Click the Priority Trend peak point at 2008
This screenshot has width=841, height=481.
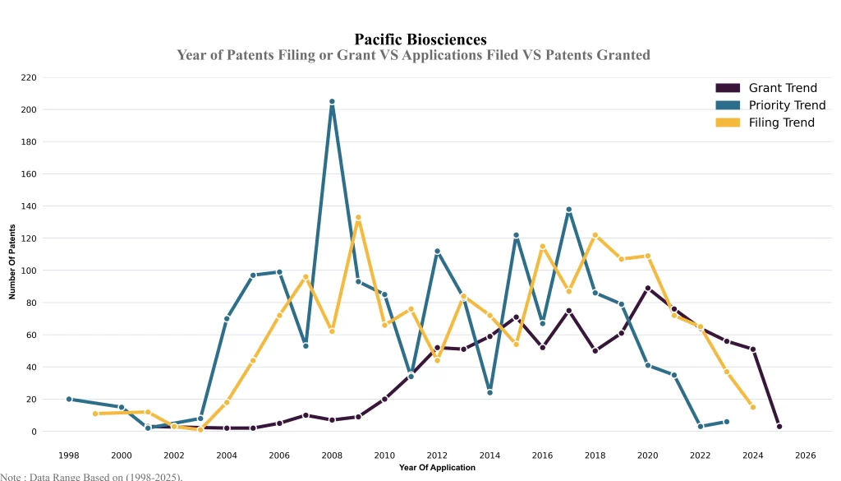coord(332,102)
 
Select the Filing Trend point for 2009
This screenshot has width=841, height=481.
coord(358,218)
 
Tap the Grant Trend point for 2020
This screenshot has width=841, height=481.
coord(648,289)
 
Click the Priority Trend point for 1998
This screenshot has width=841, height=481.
coord(69,400)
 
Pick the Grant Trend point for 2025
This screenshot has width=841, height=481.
coord(779,427)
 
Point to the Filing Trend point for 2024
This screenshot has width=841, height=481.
coord(753,407)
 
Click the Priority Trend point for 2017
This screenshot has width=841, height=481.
coord(569,210)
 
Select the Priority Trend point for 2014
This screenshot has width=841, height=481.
coord(490,393)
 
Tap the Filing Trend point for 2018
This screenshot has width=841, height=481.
coord(595,235)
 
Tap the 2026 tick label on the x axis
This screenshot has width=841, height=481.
coord(806,456)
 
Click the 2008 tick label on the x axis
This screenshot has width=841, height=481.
coord(332,456)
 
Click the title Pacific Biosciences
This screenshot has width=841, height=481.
coord(420,39)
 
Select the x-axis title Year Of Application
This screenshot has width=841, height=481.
coord(437,468)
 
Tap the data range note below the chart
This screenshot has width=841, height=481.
coord(91,476)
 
